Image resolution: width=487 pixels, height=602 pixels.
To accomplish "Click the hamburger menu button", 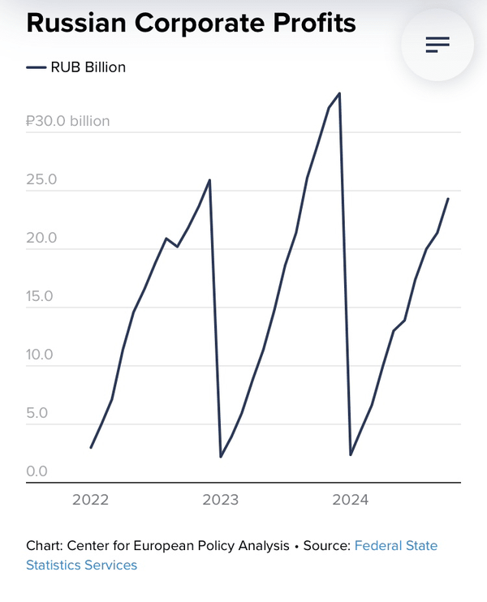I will tap(437, 45).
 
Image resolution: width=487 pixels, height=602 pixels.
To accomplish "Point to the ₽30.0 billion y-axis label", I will tap(67, 122).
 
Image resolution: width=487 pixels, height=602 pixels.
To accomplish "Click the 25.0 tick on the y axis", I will tap(41, 180).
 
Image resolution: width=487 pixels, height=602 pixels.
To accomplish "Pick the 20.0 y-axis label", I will tap(41, 239).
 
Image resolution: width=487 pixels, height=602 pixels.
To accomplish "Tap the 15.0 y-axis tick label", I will tap(41, 297).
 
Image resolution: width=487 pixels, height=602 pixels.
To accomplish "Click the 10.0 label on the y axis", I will tap(41, 355).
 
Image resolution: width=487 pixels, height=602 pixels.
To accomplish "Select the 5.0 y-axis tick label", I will tap(37, 414).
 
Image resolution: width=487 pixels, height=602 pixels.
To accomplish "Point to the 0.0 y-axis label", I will tap(37, 471).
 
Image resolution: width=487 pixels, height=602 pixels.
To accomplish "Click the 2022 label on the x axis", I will tap(90, 500).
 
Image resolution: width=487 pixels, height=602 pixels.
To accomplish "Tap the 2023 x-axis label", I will tap(221, 500).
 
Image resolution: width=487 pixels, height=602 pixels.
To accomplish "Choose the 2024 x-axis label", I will tap(351, 500).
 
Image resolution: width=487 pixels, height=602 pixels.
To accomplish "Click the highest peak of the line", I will tap(339, 93).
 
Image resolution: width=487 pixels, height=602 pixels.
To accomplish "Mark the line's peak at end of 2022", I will tap(210, 180).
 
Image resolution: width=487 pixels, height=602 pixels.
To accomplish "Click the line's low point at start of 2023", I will tap(221, 457).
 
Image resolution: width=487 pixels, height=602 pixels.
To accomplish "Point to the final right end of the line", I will tap(448, 199).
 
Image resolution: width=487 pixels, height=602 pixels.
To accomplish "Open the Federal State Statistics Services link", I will tap(395, 546).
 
